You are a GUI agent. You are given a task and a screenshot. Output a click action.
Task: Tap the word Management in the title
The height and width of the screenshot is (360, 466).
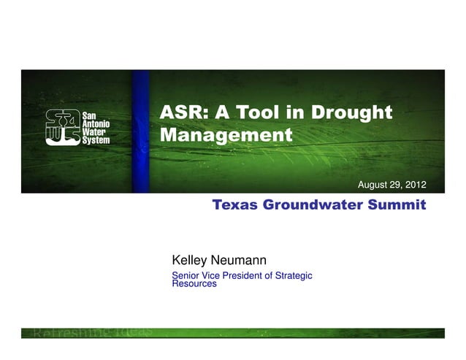225,135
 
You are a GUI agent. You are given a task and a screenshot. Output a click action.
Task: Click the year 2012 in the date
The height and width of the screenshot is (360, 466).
413,183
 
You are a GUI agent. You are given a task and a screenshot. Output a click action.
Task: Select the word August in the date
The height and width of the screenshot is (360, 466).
371,183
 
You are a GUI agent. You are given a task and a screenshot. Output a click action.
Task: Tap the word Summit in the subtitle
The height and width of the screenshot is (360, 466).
397,205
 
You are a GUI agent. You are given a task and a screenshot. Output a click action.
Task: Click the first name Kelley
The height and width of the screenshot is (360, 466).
191,260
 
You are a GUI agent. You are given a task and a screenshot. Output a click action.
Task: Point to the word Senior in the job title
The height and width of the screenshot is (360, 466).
185,275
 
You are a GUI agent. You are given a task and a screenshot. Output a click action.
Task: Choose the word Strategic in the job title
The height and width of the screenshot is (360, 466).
294,275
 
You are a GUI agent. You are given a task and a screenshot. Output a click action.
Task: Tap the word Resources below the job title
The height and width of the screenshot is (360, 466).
194,284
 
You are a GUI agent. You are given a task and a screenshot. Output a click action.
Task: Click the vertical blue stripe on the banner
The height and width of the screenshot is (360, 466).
142,131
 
